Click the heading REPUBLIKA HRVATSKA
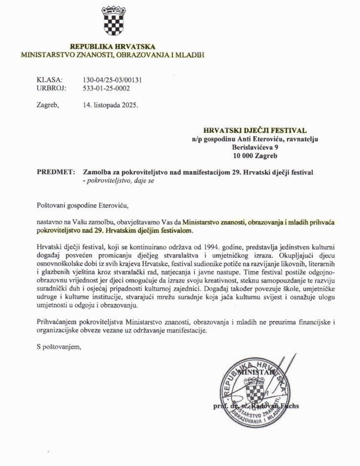coord(112,46)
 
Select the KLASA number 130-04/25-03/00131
coord(113,80)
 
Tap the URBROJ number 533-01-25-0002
coord(107,88)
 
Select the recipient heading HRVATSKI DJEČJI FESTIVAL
coord(255,130)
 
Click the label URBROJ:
coord(51,88)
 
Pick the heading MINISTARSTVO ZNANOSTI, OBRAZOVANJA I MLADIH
coord(112,55)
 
